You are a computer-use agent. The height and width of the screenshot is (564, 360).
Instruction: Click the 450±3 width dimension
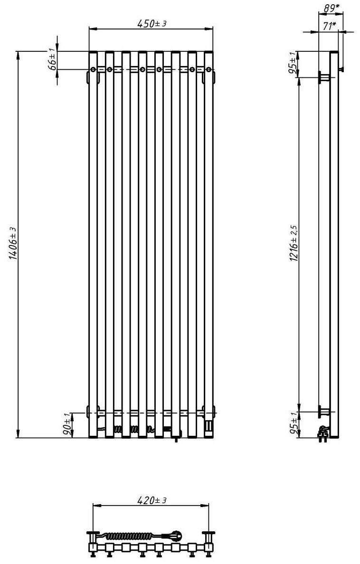click(152, 24)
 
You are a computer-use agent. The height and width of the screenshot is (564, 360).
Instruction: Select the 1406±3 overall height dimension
click(13, 243)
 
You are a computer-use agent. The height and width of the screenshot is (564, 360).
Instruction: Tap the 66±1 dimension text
click(52, 58)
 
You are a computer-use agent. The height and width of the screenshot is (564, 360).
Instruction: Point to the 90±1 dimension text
click(67, 424)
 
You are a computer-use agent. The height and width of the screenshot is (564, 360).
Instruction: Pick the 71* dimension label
click(329, 26)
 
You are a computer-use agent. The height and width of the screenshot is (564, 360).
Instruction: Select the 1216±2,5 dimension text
click(294, 243)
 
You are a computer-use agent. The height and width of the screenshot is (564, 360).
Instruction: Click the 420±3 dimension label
click(152, 500)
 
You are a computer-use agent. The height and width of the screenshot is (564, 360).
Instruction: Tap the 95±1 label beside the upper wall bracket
click(294, 63)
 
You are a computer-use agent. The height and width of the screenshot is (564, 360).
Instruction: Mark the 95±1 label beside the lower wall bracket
click(294, 425)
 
